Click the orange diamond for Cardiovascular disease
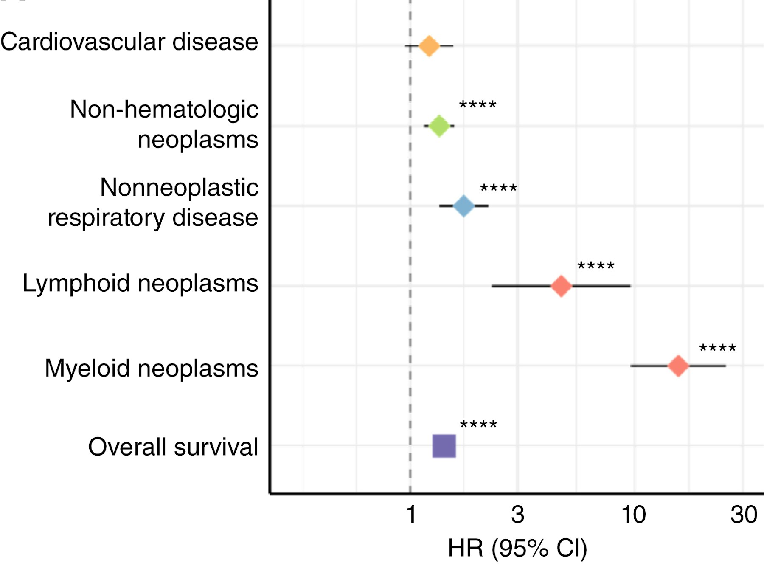429,45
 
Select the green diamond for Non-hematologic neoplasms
439,126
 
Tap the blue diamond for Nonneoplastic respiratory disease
463,206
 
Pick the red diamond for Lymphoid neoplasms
561,286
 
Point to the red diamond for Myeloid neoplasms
678,366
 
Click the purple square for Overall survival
444,446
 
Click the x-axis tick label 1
410,515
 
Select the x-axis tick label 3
517,515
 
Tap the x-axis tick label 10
634,515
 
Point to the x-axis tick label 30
744,515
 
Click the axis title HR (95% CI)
517,549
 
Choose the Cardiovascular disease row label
129,42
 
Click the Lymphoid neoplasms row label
140,283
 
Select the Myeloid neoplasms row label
152,368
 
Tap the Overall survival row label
173,447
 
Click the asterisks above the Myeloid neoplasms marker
717,348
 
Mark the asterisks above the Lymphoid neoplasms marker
595,266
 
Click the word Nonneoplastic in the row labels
179,187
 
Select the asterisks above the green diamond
477,104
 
